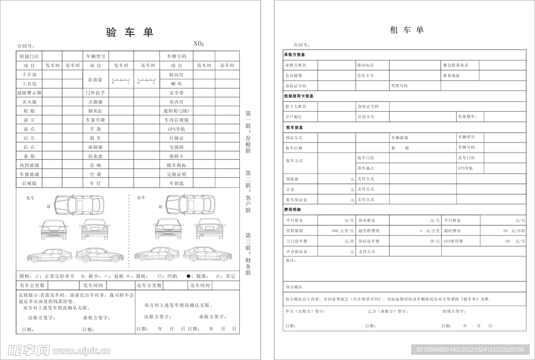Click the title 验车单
click(130, 32)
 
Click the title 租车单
click(406, 30)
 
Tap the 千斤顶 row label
click(29, 75)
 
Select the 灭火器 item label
click(29, 102)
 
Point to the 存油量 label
click(95, 79)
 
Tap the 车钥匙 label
click(176, 183)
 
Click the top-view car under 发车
click(79, 205)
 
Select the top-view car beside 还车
click(190, 205)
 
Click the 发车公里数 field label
click(32, 286)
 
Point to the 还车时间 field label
click(200, 286)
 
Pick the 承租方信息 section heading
click(295, 54)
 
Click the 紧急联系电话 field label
click(456, 65)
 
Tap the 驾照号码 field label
click(400, 86)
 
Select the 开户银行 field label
click(294, 117)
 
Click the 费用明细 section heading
click(293, 210)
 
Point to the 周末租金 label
click(367, 220)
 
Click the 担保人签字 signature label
click(454, 311)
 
